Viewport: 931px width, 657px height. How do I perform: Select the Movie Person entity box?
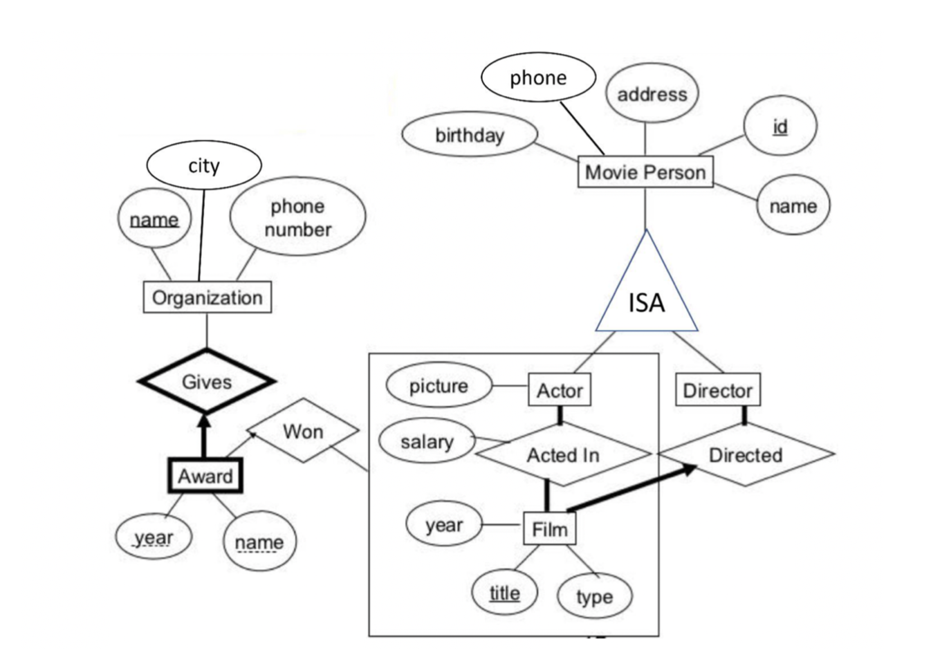click(645, 172)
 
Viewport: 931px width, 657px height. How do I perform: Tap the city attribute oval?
click(204, 165)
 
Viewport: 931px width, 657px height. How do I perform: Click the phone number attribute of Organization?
click(297, 217)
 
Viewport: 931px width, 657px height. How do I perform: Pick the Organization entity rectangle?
click(207, 297)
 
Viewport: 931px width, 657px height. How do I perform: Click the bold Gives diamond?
click(206, 381)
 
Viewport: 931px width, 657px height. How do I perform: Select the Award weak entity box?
click(205, 476)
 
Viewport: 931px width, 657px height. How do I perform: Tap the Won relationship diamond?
click(303, 431)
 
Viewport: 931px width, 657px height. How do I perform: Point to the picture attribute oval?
click(439, 385)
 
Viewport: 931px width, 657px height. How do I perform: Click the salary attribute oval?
click(427, 441)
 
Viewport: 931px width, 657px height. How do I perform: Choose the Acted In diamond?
click(562, 454)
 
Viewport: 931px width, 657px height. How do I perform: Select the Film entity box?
click(549, 529)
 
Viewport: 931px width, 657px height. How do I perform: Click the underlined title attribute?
click(504, 593)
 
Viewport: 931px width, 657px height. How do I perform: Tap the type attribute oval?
click(594, 595)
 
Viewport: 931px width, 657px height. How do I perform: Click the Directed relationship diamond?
click(746, 454)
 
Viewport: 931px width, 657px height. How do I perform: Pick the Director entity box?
click(717, 390)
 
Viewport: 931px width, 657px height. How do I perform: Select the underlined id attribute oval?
click(780, 126)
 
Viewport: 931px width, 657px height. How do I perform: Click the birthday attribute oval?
click(469, 135)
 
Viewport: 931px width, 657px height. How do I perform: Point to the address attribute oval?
click(652, 93)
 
